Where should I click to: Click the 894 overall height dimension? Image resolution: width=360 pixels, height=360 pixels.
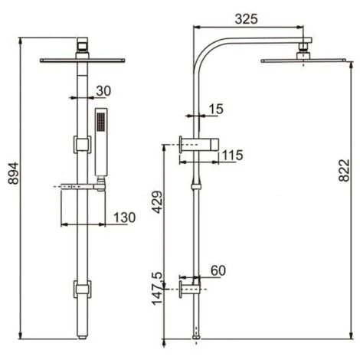point(13,173)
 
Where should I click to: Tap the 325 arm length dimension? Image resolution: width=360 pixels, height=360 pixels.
point(246,19)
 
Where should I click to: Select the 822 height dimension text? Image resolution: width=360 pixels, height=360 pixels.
point(344,170)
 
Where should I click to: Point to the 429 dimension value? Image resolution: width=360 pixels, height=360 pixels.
point(157,202)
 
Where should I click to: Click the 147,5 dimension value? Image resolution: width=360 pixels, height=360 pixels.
point(157,288)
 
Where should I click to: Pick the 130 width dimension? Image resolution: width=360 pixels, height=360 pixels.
point(124,218)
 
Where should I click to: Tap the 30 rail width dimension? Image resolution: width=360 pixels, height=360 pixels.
point(103,91)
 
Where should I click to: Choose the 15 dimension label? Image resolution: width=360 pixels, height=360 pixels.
point(216,109)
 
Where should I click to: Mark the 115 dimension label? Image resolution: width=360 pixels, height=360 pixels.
point(232,155)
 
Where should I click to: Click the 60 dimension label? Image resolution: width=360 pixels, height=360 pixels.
point(218,270)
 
